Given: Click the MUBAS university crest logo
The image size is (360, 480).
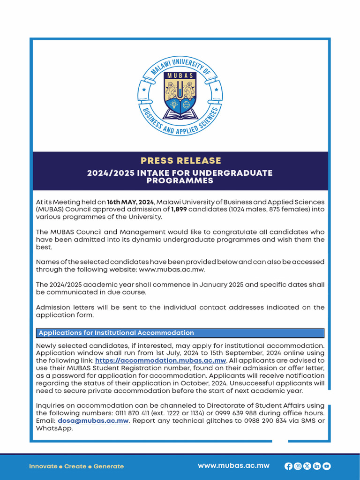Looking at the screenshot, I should click(180, 93).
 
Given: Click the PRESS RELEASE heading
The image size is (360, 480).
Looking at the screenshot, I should click(180, 161).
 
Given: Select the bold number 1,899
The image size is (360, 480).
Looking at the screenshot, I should click(179, 209).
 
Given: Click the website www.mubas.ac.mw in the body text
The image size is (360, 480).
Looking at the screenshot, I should click(172, 270).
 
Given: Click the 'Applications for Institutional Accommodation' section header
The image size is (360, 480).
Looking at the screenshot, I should click(116, 333).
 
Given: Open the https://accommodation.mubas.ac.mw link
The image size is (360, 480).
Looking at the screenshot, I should click(161, 360).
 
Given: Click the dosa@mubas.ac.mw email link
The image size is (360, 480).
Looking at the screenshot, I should click(93, 420).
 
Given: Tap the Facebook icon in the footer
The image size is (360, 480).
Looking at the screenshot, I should click(288, 466).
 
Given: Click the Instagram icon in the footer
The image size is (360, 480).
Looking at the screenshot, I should click(298, 466).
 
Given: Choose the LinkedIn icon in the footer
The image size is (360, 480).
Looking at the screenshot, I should click(317, 466).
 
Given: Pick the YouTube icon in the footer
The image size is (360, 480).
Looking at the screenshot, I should click(327, 466).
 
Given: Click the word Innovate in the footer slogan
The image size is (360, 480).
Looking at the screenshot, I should click(43, 466).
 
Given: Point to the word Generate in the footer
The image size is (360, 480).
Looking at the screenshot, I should click(109, 466).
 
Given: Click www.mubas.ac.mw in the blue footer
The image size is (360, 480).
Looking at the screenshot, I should click(233, 465).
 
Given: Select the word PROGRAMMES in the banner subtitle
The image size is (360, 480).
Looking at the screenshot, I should click(180, 181).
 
